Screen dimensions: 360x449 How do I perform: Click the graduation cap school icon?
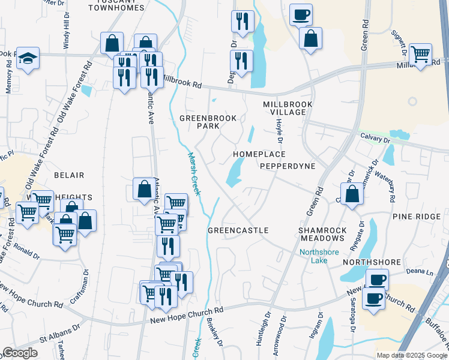coord(28,58)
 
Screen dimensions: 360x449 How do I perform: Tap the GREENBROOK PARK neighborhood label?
coord(208,123)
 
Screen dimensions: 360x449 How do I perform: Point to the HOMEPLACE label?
coord(259,154)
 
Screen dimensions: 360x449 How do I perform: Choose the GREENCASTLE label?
coord(238,230)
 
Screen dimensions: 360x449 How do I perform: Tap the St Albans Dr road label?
coord(60,331)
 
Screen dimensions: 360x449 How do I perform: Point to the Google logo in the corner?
coord(20,353)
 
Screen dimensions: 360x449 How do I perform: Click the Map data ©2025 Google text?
coord(412,355)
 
